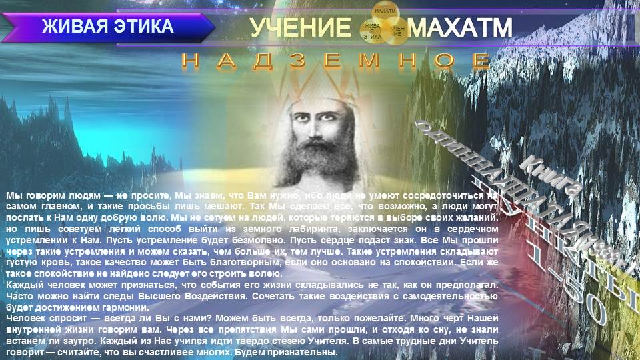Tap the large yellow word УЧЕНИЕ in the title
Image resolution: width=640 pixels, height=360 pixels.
pyautogui.click(x=300, y=29)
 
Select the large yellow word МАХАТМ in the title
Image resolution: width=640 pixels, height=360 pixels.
pyautogui.click(x=460, y=29)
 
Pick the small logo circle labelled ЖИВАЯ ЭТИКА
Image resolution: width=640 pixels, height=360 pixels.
pyautogui.click(x=371, y=31)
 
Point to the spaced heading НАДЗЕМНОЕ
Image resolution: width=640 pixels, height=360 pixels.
pyautogui.click(x=336, y=61)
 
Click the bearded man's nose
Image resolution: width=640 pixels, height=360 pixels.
pyautogui.click(x=321, y=127)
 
